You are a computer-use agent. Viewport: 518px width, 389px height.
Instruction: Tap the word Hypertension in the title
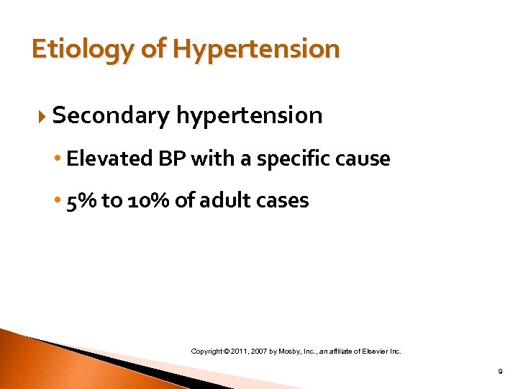point(255,50)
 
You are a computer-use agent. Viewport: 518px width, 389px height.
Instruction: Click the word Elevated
point(101,158)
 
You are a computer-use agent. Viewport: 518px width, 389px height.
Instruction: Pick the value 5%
point(81,200)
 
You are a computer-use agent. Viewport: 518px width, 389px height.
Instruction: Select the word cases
point(281,200)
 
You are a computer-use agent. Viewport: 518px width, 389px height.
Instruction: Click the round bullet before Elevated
point(59,159)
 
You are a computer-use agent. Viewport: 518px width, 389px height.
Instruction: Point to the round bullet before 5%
point(59,201)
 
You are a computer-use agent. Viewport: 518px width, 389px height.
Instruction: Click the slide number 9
point(500,372)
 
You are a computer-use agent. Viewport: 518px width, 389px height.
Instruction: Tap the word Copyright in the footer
point(207,352)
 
